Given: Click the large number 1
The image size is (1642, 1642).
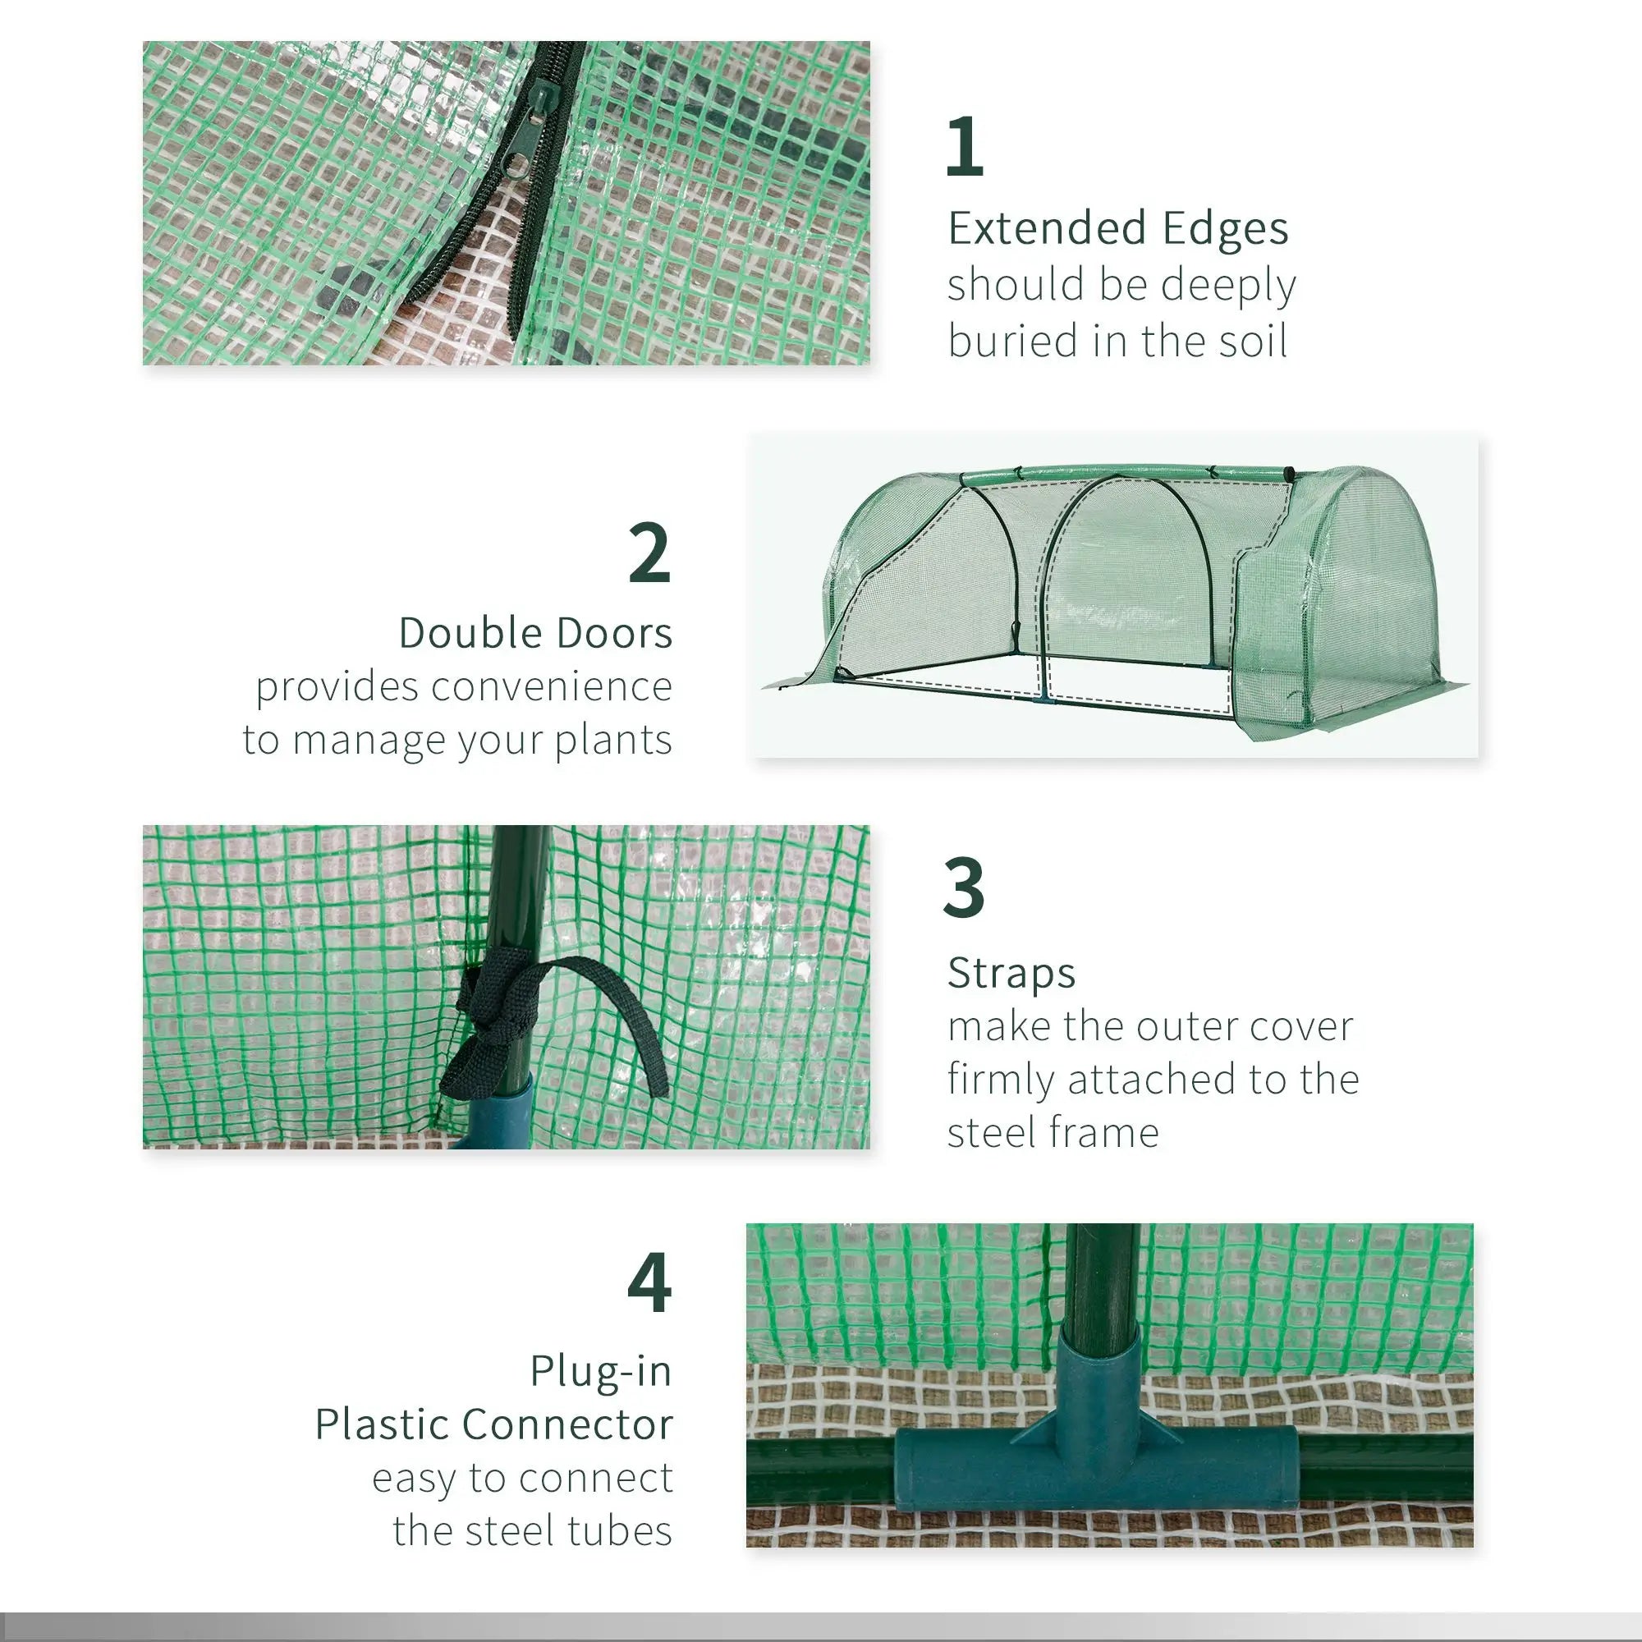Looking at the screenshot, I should point(965,146).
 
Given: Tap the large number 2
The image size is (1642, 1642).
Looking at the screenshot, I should point(649,553).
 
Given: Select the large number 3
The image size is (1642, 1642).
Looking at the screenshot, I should point(964,888).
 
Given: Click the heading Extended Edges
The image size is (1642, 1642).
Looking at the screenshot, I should point(1117,227).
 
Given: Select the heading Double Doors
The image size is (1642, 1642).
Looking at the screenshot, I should point(535,633).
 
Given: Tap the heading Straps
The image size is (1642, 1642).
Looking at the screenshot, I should point(1011,972).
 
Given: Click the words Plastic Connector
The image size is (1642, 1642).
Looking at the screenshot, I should point(493,1424).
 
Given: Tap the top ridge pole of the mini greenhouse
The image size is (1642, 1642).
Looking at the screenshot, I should point(1121,474).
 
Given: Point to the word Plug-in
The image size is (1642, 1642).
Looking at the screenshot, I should point(601,1371).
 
